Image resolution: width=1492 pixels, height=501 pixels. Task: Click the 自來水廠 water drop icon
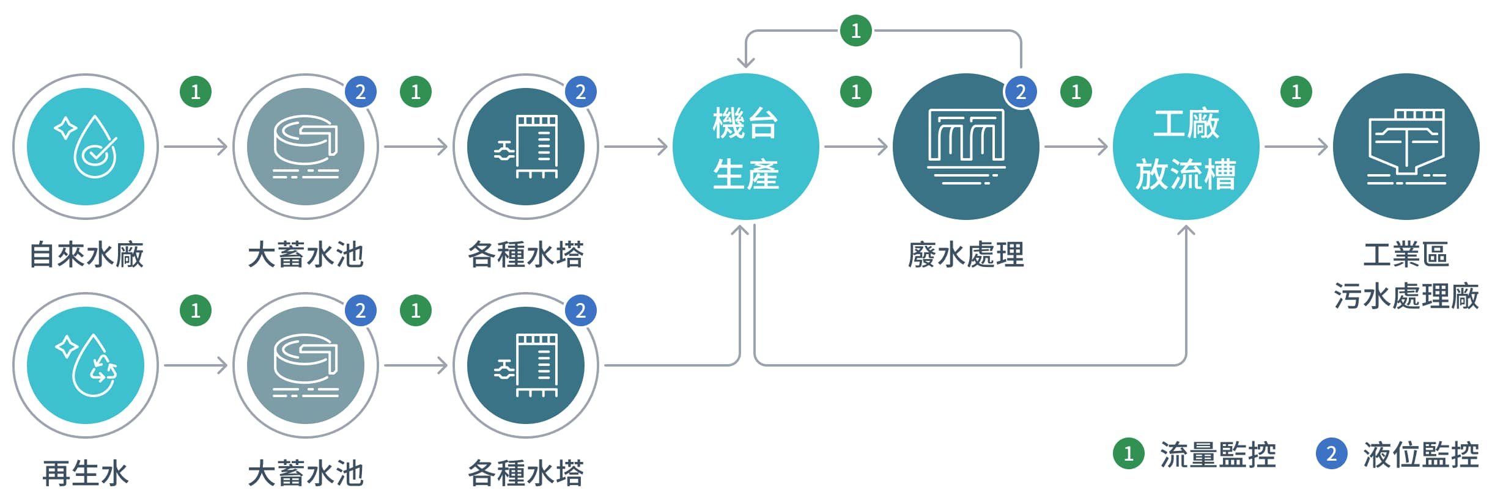pos(86,147)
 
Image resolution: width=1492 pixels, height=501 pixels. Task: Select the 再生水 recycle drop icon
pos(86,365)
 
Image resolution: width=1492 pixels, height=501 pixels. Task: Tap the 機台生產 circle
pos(745,147)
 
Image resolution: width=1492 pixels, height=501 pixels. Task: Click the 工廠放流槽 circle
pos(1186,147)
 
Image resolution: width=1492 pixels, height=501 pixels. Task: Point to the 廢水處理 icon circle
pos(966,147)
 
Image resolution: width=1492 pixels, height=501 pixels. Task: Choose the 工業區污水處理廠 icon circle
pos(1406,147)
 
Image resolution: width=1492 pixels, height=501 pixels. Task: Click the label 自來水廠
pos(86,255)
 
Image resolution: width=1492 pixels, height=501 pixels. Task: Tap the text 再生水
pos(86,474)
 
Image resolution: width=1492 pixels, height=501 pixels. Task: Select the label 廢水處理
pos(966,255)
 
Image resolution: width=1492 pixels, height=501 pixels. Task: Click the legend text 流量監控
pos(1217,455)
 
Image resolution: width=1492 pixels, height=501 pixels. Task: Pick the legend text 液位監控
pos(1420,455)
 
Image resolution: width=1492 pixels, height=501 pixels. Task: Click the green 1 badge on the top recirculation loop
pos(855,31)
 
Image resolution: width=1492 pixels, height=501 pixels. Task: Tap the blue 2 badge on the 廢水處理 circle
pos(1021,92)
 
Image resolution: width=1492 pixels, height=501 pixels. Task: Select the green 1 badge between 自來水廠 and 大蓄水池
pos(196,92)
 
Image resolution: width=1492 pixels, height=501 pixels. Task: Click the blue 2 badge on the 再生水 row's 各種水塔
pos(580,311)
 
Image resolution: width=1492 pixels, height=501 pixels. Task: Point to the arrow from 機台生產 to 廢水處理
pos(855,147)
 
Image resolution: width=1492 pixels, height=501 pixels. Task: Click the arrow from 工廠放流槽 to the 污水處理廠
pos(1296,147)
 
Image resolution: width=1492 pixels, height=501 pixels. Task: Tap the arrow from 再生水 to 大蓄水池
pos(196,365)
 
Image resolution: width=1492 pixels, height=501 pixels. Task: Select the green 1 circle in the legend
pos(1128,454)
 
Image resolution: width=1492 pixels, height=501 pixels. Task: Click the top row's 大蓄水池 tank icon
pos(306,147)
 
